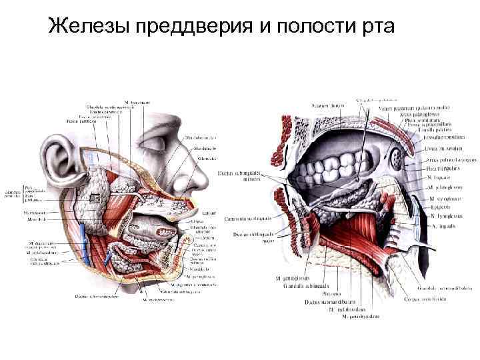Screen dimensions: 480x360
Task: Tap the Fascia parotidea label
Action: click(x=81, y=121)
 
